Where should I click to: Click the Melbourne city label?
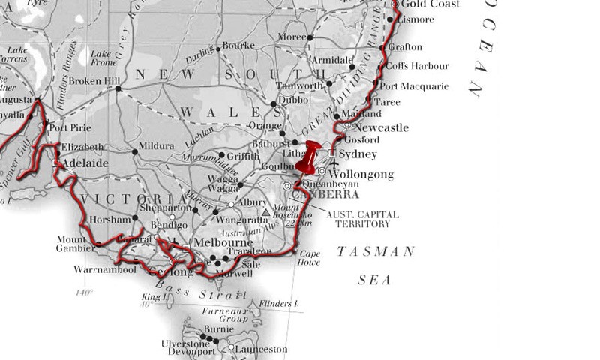tap(223, 243)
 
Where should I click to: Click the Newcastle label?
tap(381, 128)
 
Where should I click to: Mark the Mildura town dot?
tap(135, 151)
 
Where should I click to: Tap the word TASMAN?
tap(374, 252)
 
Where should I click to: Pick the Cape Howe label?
tap(310, 257)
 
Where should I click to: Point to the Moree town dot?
tap(310, 37)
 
